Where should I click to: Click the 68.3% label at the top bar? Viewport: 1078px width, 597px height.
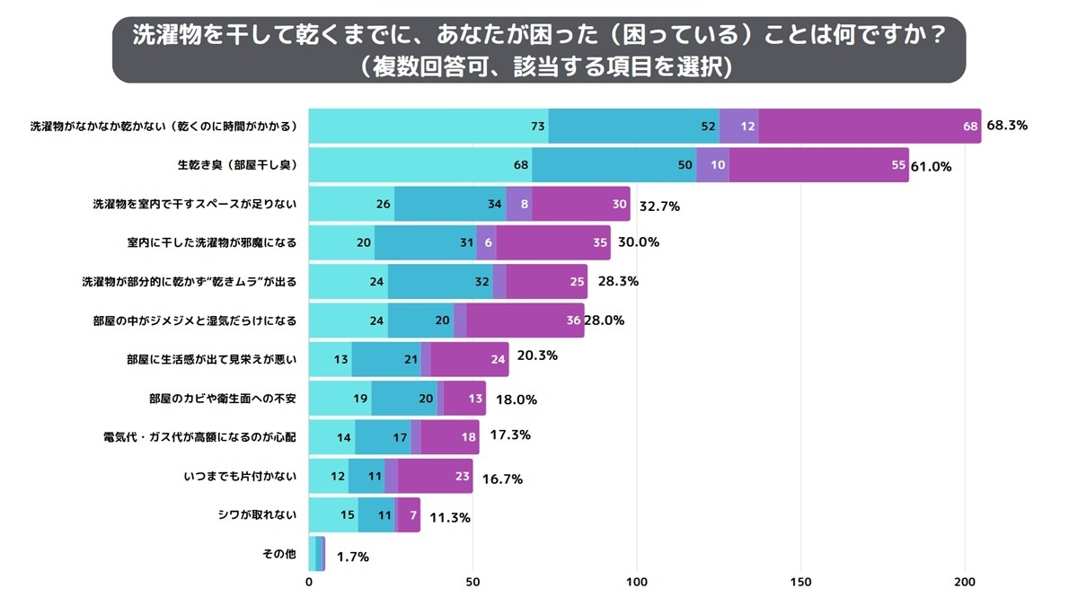(1006, 126)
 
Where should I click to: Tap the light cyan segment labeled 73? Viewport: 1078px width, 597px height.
(429, 126)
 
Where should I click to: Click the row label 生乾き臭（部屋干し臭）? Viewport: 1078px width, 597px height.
(237, 165)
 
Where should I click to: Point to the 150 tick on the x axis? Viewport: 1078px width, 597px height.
(801, 581)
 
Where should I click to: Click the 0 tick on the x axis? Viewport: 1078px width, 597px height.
(309, 581)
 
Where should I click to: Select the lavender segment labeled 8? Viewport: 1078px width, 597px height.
(519, 204)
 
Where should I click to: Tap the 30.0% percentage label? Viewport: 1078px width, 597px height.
(638, 242)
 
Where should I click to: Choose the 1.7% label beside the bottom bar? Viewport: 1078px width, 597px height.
(352, 557)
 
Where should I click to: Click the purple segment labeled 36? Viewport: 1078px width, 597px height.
(526, 320)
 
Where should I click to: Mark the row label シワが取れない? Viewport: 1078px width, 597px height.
(257, 515)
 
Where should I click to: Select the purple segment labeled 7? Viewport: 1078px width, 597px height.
(409, 515)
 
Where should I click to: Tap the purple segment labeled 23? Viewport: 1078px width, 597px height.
(435, 476)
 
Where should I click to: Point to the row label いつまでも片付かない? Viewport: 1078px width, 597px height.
(239, 476)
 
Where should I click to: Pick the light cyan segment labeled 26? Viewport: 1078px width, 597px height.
(351, 204)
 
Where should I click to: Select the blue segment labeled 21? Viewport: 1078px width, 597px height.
(385, 359)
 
